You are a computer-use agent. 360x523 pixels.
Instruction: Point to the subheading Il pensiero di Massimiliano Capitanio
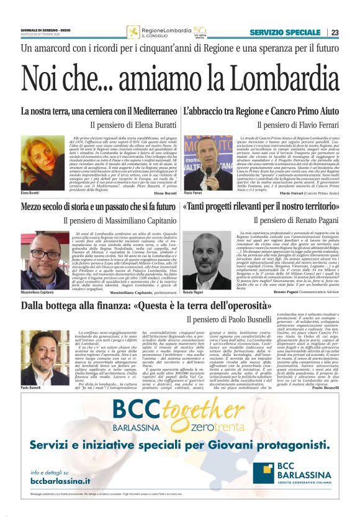pyautogui.click(x=119, y=220)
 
